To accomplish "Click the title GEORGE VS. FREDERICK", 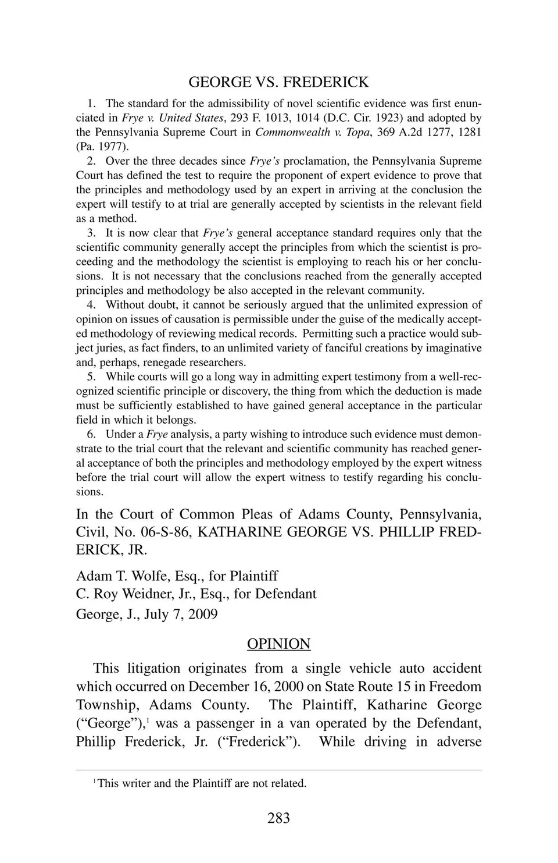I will (x=278, y=82).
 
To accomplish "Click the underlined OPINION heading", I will (x=278, y=644).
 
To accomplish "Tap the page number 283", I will (x=278, y=818).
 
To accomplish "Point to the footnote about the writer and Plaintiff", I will (x=201, y=783).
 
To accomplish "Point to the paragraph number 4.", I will (x=91, y=305).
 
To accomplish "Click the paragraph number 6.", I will (x=91, y=435).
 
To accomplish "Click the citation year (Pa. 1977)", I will (x=102, y=147).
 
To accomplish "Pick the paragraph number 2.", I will (x=91, y=161).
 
